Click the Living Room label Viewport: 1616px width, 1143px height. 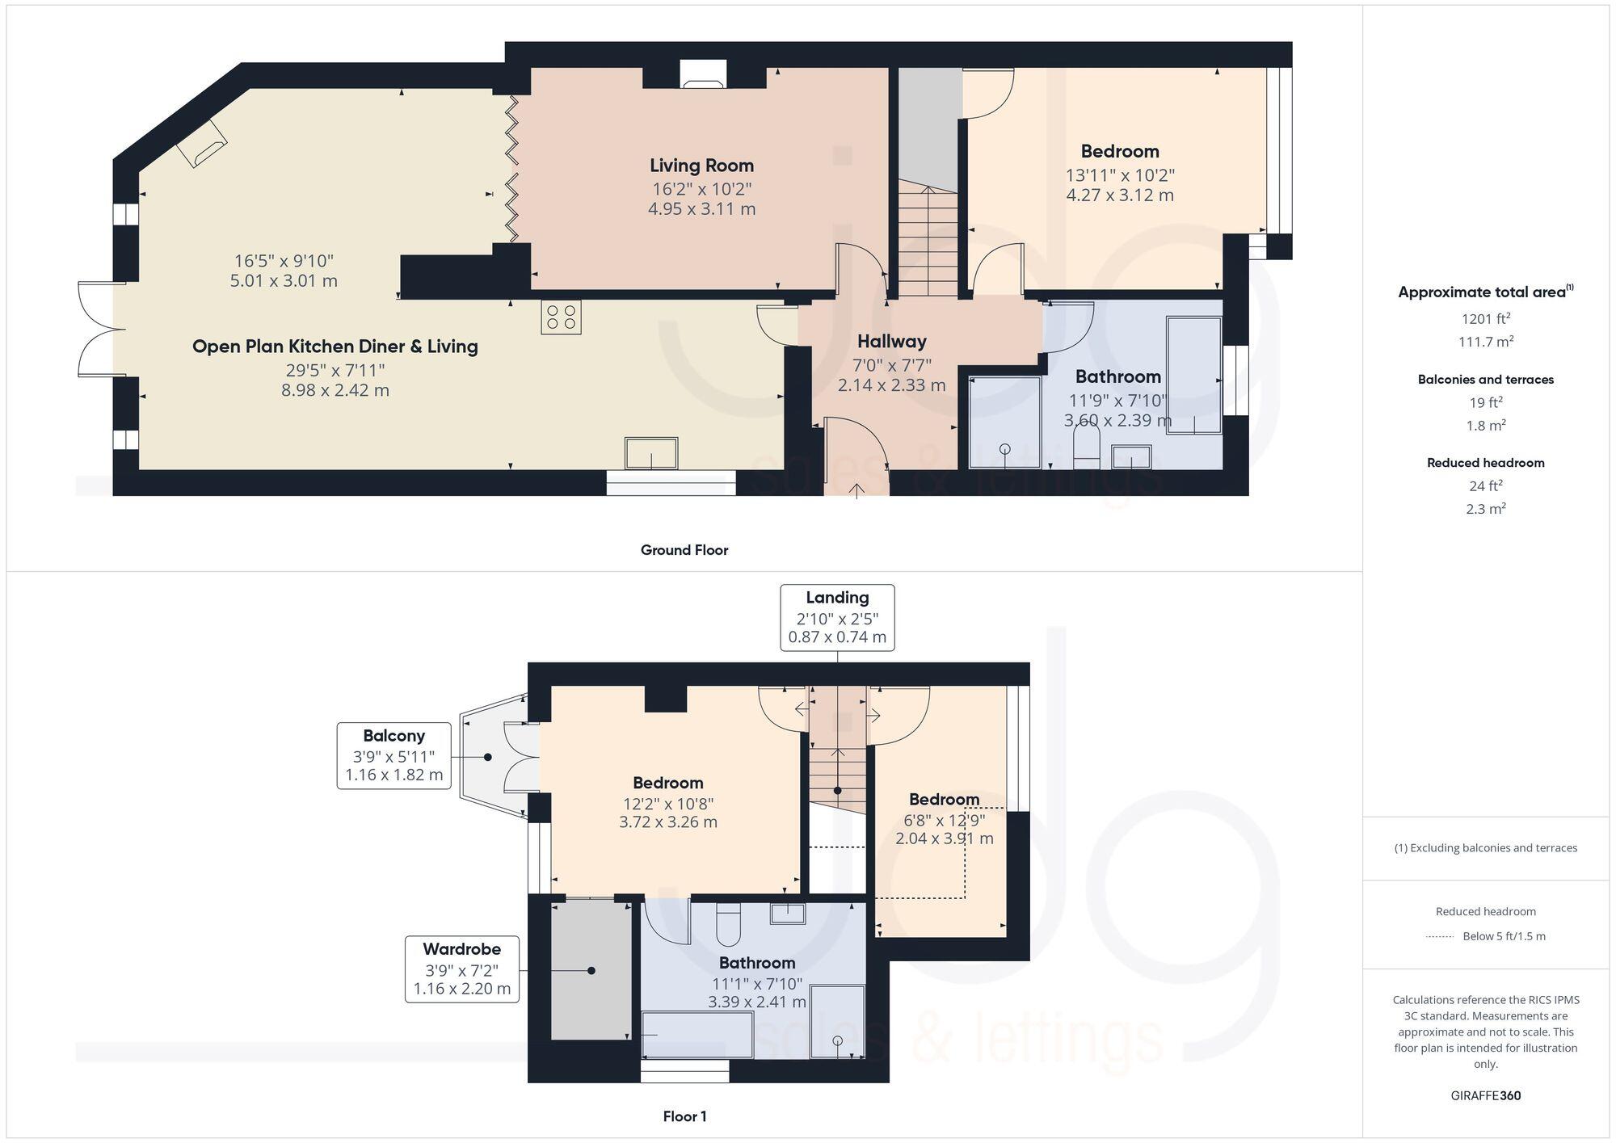[x=701, y=166]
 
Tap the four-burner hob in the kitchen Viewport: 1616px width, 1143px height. [x=561, y=317]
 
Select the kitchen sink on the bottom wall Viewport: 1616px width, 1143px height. [x=650, y=453]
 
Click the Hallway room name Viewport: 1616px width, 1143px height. [x=891, y=342]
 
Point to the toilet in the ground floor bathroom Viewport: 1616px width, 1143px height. [x=1087, y=447]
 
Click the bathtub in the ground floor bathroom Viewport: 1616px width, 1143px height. [x=1193, y=376]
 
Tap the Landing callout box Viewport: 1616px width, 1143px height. [x=837, y=617]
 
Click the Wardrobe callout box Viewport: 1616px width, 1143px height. [x=461, y=969]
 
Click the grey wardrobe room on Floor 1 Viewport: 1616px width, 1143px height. [x=591, y=971]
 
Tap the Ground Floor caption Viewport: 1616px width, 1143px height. [x=684, y=550]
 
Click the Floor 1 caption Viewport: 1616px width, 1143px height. [x=684, y=1116]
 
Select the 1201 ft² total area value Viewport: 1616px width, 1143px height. [x=1485, y=318]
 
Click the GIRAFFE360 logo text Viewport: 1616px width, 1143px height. [x=1485, y=1095]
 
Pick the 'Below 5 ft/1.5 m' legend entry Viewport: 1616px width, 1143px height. [x=1503, y=936]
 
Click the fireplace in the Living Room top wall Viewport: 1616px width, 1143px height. [x=703, y=76]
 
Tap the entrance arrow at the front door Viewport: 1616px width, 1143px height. [x=856, y=490]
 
